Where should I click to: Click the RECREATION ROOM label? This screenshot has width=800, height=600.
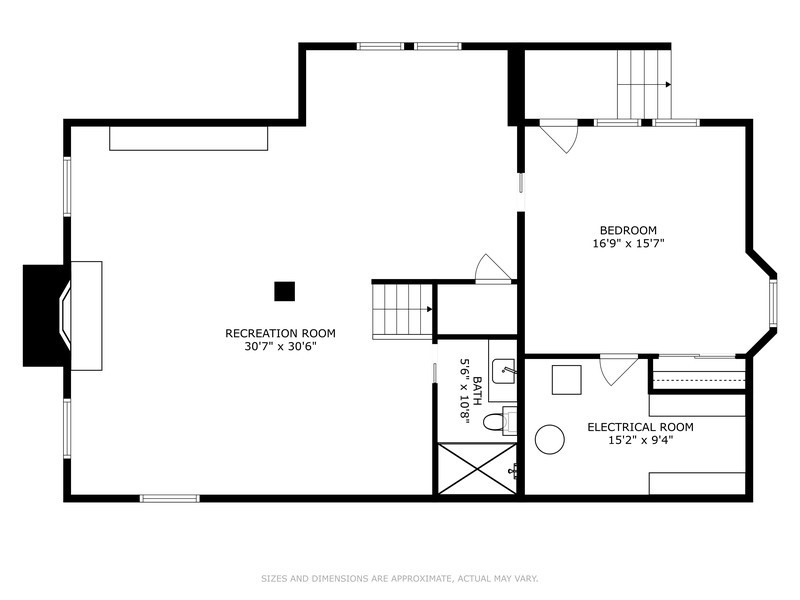click(x=280, y=333)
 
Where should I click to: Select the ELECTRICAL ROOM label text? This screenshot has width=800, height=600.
click(x=640, y=427)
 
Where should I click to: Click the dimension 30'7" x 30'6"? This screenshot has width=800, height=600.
click(x=280, y=347)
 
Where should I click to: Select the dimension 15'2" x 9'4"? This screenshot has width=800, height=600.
click(x=640, y=441)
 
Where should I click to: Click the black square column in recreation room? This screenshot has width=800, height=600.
click(x=285, y=291)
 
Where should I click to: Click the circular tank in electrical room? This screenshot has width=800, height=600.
click(x=549, y=439)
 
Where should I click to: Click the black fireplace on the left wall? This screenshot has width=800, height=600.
click(x=47, y=315)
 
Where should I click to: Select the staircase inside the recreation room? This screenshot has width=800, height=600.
click(x=402, y=309)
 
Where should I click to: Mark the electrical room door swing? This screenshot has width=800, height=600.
click(x=617, y=369)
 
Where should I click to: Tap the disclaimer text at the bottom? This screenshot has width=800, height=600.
click(x=399, y=578)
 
